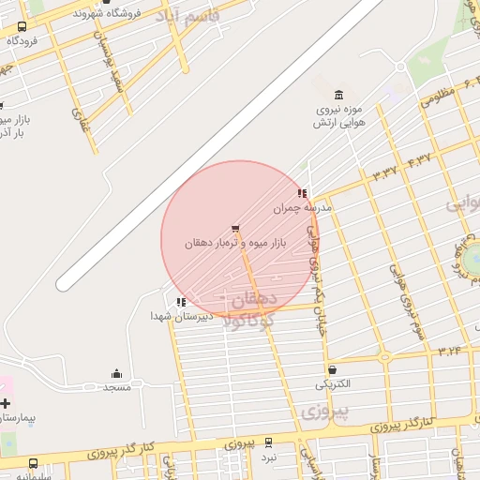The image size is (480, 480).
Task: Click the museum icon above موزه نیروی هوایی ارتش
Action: coord(338,95)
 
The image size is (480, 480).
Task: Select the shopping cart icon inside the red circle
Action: coord(234,228)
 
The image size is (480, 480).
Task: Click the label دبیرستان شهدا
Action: coord(182,317)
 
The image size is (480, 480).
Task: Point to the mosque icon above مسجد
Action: coord(116,373)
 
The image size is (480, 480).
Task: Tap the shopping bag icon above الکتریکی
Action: coord(333,370)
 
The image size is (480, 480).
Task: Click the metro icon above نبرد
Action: coord(269,442)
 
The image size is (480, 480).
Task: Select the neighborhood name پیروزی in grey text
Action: coord(327,411)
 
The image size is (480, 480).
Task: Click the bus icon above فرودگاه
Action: coord(22,27)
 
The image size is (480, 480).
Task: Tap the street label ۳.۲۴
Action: coord(451,350)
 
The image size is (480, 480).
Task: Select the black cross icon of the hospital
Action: coord(5,402)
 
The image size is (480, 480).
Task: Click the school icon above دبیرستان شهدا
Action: coord(181,302)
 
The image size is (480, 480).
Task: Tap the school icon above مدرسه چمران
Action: coord(302,194)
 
